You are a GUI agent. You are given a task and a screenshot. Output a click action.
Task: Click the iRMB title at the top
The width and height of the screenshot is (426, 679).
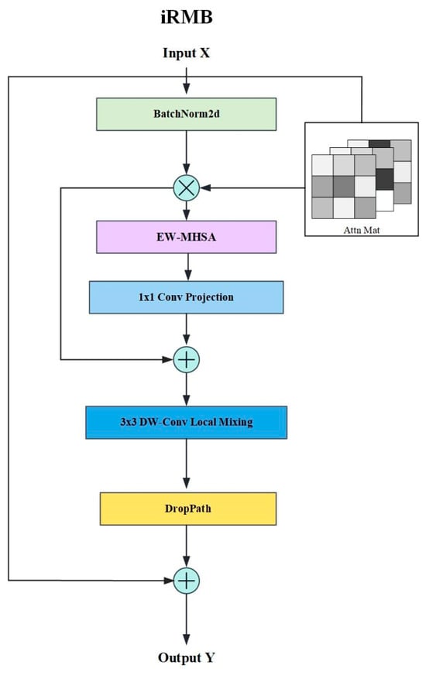pyautogui.click(x=187, y=17)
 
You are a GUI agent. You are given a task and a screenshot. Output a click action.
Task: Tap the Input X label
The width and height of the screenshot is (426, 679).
pyautogui.click(x=186, y=53)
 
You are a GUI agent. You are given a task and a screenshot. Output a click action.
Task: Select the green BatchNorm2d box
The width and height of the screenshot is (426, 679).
pyautogui.click(x=187, y=114)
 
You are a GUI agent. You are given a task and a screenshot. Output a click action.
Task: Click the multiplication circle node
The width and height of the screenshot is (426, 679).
pyautogui.click(x=187, y=188)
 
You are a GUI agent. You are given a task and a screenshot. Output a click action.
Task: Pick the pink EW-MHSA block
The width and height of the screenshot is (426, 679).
pyautogui.click(x=187, y=237)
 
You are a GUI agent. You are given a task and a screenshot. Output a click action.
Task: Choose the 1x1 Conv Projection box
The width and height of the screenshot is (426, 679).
pyautogui.click(x=187, y=297)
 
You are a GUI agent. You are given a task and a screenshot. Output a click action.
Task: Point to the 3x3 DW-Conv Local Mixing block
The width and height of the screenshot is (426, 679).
pyautogui.click(x=187, y=422)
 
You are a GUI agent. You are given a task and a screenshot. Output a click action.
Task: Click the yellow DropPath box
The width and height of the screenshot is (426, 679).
pyautogui.click(x=188, y=509)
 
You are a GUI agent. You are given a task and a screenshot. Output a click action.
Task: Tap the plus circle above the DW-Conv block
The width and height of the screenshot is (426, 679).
pyautogui.click(x=187, y=359)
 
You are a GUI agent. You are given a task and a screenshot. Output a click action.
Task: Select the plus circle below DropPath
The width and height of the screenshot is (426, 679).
pyautogui.click(x=187, y=580)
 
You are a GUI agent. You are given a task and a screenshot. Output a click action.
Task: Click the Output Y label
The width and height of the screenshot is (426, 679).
pyautogui.click(x=187, y=657)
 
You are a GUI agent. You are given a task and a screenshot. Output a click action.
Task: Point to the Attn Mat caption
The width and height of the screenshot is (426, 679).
pyautogui.click(x=362, y=230)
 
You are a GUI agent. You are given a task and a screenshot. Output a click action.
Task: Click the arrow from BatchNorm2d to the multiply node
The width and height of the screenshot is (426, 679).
pyautogui.click(x=187, y=153)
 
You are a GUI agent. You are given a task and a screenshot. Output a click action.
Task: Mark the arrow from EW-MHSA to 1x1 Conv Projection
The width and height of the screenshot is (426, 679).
pyautogui.click(x=188, y=267)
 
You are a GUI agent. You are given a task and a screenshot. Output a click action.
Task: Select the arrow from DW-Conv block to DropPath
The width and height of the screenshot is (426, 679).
pyautogui.click(x=187, y=464)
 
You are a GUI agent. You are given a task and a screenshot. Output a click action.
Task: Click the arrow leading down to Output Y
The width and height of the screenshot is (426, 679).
pyautogui.click(x=187, y=619)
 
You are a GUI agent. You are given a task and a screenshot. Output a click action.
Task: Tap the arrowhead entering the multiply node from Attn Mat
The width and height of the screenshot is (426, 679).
pyautogui.click(x=205, y=188)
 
